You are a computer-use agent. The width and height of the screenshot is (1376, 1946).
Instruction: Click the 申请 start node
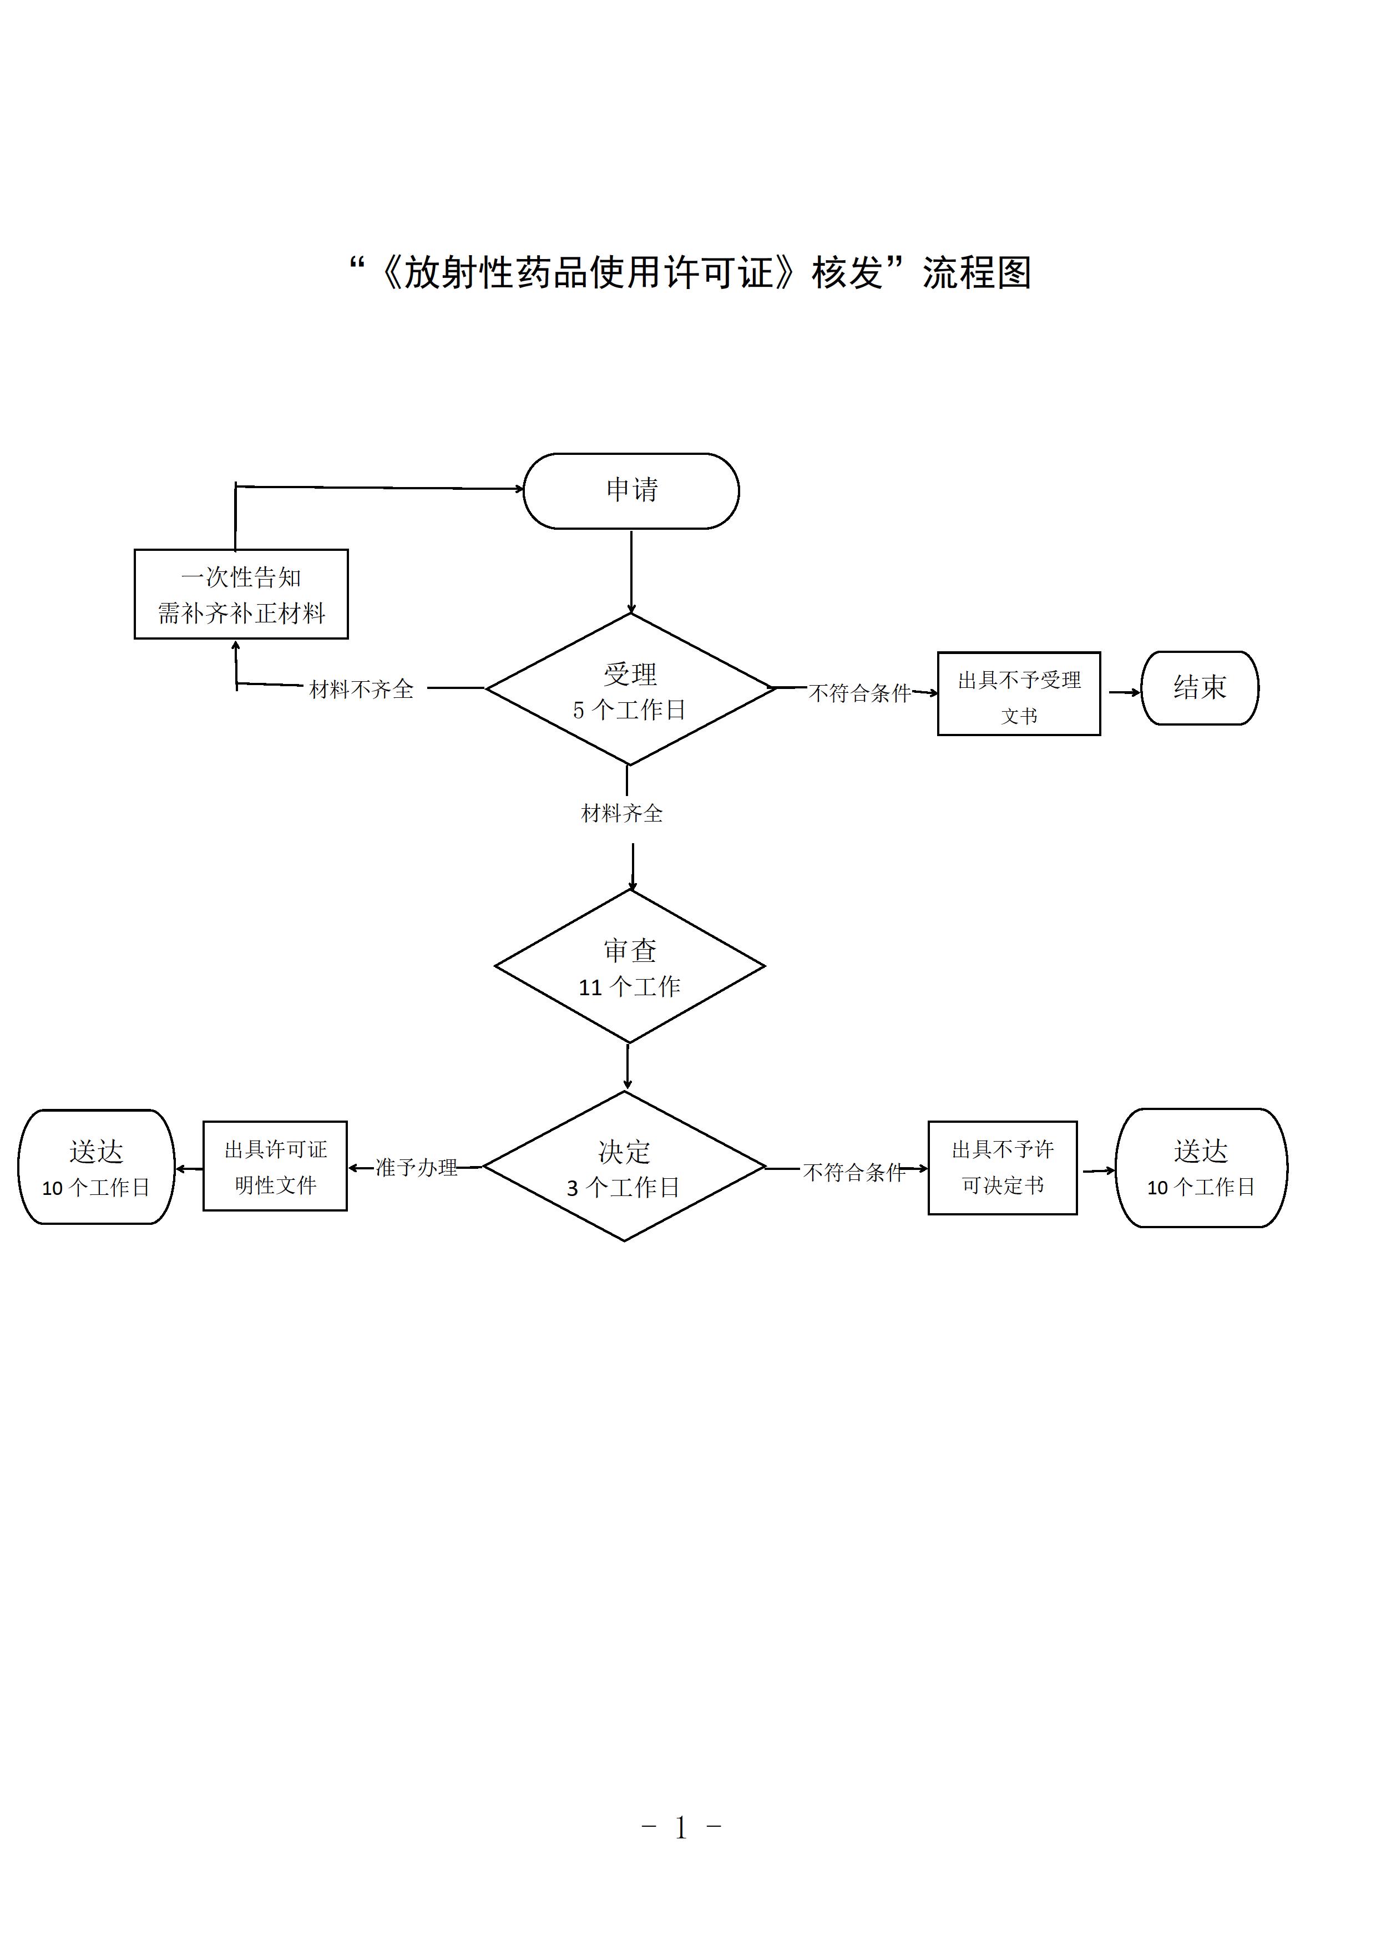(x=631, y=491)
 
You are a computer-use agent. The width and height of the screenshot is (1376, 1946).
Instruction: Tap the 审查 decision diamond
(x=629, y=966)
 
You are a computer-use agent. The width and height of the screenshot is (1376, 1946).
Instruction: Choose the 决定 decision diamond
(x=624, y=1167)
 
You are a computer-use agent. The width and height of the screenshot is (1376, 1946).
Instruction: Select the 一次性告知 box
(x=241, y=594)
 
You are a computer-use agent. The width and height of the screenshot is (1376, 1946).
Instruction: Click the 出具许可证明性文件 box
(x=275, y=1166)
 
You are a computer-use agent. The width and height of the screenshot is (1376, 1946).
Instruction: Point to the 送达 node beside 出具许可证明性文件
(x=96, y=1167)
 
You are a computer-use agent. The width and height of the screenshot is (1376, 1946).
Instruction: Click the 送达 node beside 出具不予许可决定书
(x=1201, y=1167)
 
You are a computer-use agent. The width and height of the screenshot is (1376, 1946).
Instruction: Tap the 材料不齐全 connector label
(x=361, y=689)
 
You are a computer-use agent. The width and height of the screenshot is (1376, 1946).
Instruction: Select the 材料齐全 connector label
(x=621, y=814)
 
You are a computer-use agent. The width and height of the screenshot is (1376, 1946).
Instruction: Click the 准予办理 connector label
(x=416, y=1168)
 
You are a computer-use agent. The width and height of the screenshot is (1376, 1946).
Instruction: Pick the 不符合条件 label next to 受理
(x=859, y=693)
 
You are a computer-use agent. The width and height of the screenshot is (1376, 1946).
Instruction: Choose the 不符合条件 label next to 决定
(x=854, y=1172)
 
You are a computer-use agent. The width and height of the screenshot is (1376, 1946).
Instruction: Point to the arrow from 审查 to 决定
(x=628, y=1066)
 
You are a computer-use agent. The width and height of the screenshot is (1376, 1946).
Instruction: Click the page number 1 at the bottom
(x=681, y=1828)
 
